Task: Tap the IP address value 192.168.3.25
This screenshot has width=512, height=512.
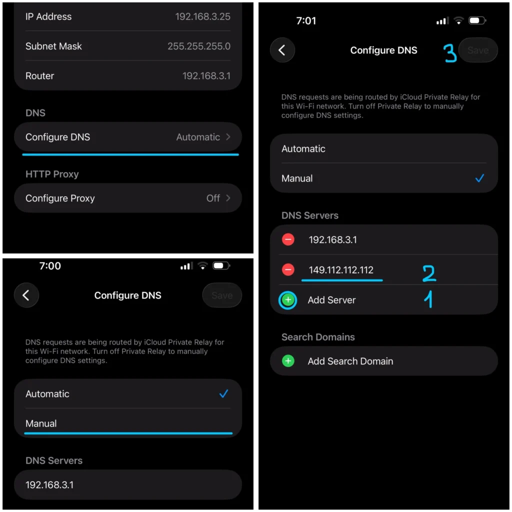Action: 202,16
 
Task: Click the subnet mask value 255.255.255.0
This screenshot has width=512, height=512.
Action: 199,46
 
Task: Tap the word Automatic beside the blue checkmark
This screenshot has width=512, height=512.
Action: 47,394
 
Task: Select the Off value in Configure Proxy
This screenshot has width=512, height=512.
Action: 213,198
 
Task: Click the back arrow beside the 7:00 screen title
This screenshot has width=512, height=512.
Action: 26,295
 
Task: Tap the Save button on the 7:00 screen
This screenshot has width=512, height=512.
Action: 222,295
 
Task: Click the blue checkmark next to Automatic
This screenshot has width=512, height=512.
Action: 223,394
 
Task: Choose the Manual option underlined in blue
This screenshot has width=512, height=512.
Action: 41,423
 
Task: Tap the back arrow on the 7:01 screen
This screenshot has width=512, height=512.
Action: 282,50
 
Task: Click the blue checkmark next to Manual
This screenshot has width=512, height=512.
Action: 479,178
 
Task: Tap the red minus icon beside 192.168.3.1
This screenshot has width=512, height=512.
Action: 288,239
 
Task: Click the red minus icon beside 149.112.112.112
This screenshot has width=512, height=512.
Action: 288,269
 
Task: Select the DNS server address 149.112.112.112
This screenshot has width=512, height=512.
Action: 341,270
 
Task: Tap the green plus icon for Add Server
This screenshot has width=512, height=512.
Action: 288,300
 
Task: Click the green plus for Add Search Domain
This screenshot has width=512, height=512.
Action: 288,361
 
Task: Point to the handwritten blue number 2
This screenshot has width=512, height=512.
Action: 429,273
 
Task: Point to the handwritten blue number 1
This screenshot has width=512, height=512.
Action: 428,299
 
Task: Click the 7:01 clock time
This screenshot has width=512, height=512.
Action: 306,21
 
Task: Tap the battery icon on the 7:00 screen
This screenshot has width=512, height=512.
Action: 221,266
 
